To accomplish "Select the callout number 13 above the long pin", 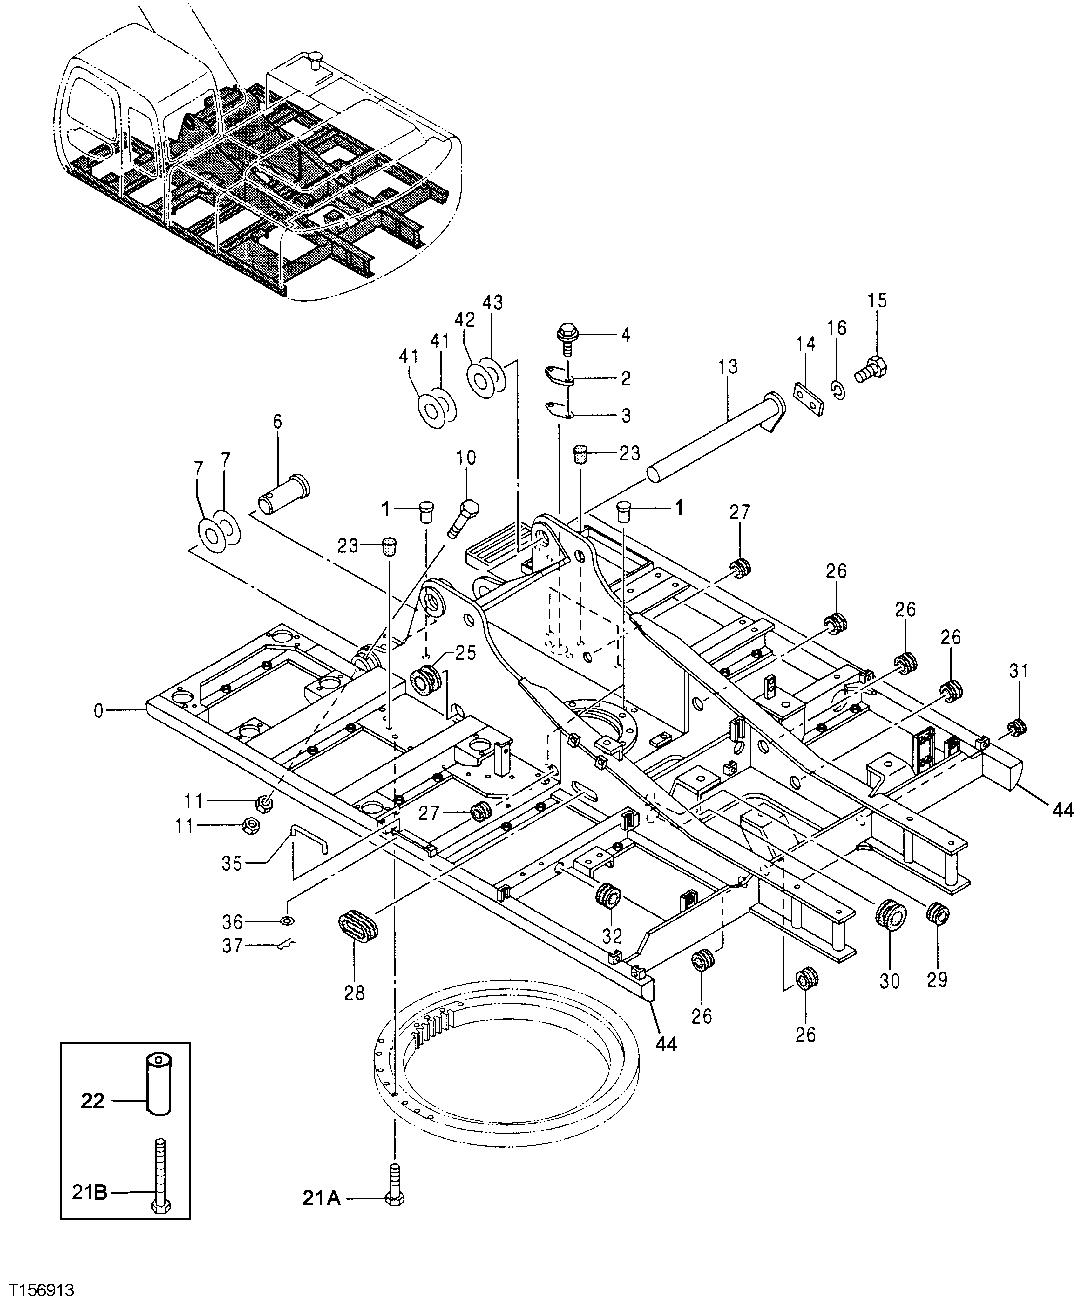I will tap(727, 367).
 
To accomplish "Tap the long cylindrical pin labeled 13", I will tap(710, 436).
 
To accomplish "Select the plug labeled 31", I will tap(1017, 726).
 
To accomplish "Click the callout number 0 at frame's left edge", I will tap(97, 711).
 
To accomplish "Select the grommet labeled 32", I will tap(607, 897).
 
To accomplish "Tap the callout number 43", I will tap(493, 302).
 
